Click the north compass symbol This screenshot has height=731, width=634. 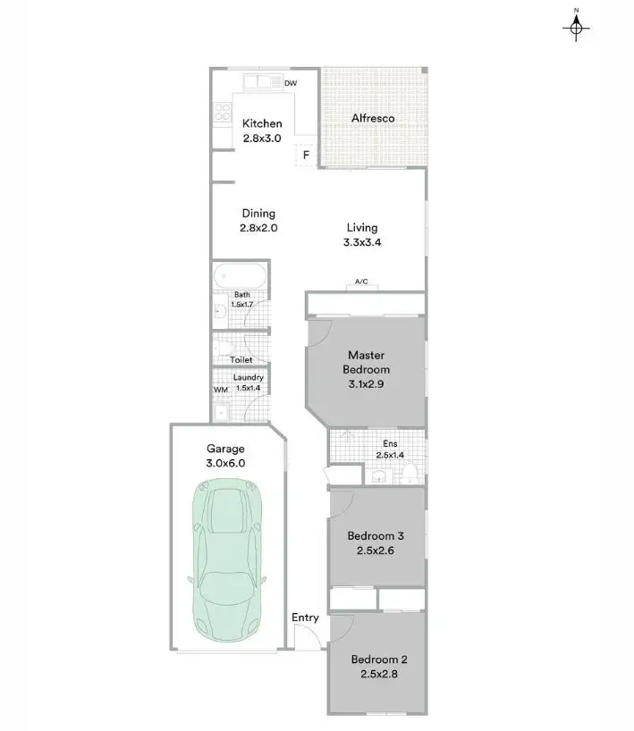577,29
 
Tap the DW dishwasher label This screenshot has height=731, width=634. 290,84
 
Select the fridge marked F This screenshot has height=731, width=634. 306,155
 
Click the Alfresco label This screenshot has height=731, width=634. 373,118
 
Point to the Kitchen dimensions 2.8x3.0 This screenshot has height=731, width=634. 262,139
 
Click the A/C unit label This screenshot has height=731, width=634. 361,282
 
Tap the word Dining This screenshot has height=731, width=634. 258,214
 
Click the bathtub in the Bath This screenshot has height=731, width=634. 238,275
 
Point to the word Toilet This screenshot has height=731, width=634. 241,360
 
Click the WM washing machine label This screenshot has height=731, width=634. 220,391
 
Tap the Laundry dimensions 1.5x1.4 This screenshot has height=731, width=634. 248,389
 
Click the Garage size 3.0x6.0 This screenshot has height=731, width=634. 225,463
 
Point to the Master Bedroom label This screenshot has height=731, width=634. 368,362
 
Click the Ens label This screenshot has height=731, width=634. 390,444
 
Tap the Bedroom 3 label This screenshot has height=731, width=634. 376,536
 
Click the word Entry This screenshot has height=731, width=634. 305,618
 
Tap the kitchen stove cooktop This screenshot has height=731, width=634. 222,113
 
